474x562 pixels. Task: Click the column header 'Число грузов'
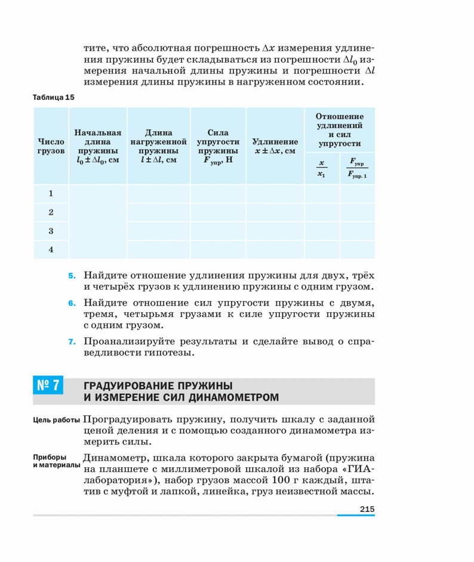pyautogui.click(x=51, y=147)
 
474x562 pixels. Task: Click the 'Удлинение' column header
pyautogui.click(x=275, y=147)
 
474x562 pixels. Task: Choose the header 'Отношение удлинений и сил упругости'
pyautogui.click(x=340, y=129)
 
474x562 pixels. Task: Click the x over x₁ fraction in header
pyautogui.click(x=321, y=169)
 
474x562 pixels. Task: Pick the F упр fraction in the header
pyautogui.click(x=358, y=169)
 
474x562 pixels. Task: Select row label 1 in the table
pyautogui.click(x=51, y=194)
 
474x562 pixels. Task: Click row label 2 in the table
pyautogui.click(x=51, y=212)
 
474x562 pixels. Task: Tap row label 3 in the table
pyautogui.click(x=51, y=231)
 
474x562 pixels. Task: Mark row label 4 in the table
pyautogui.click(x=51, y=250)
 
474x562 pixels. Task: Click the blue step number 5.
pyautogui.click(x=72, y=276)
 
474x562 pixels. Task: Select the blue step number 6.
pyautogui.click(x=72, y=303)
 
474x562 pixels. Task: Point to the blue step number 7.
pyautogui.click(x=72, y=342)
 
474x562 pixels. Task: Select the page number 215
pyautogui.click(x=367, y=508)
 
